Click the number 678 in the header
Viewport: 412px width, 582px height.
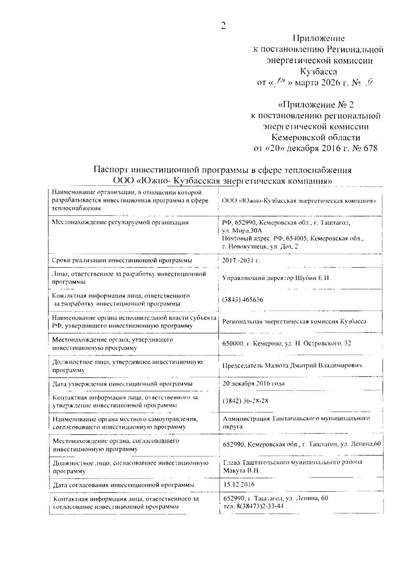tap(369, 148)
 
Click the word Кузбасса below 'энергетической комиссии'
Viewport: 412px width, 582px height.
tap(318, 71)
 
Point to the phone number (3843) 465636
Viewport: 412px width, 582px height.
tap(243, 300)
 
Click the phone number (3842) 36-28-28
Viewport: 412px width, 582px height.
tap(245, 401)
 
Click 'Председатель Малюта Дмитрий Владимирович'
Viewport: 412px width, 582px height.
tap(292, 365)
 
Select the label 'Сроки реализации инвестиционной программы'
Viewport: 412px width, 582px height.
tap(122, 260)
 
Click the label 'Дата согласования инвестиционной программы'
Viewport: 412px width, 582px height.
tap(124, 485)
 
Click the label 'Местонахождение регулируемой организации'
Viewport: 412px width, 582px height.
tap(120, 223)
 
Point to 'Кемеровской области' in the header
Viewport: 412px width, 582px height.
tap(316, 137)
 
